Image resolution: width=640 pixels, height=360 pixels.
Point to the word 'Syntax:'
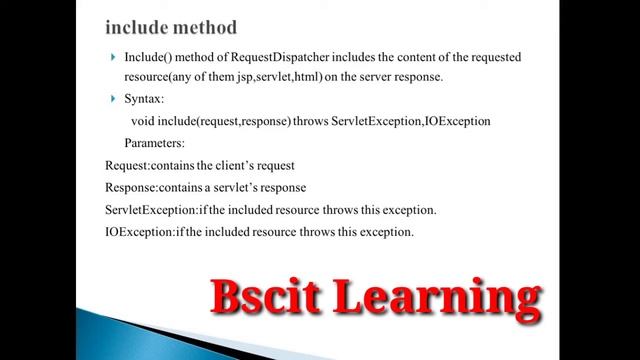(x=146, y=99)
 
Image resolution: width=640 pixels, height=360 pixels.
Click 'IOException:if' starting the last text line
(x=144, y=232)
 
